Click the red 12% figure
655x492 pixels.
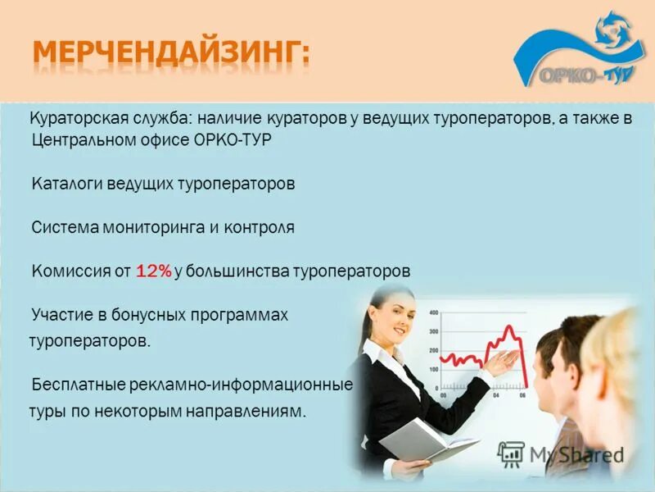154,271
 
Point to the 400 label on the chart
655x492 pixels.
433,312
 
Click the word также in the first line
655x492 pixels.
591,118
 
